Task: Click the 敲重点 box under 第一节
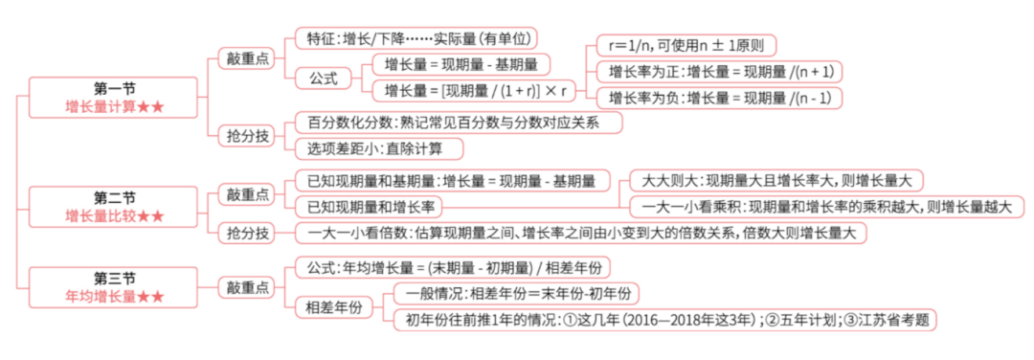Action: pos(244,58)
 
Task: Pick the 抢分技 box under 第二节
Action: pos(244,233)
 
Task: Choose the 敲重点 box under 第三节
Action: pos(244,286)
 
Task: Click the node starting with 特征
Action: pos(416,38)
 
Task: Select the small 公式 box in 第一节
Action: pos(324,78)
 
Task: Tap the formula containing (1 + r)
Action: pos(469,91)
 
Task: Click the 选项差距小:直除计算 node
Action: pos(380,148)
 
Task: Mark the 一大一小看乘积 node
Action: pos(826,207)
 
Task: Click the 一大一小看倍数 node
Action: pos(580,233)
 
